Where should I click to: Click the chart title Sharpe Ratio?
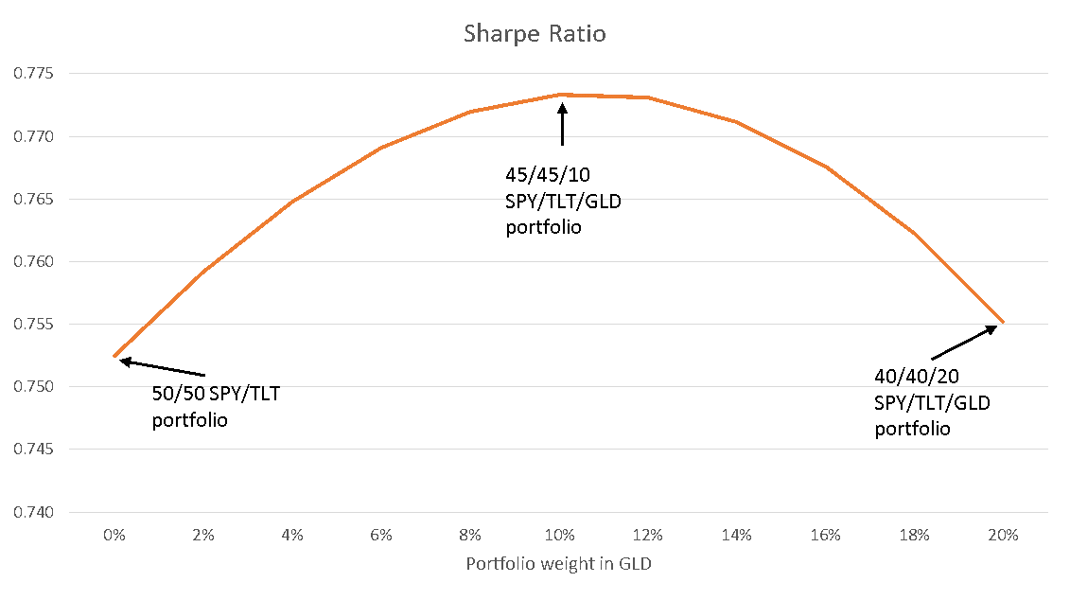coord(535,34)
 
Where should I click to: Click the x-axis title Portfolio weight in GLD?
coord(558,564)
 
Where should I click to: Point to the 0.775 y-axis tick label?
coord(34,74)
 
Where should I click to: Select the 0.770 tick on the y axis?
coord(34,136)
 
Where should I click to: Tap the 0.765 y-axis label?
coord(34,199)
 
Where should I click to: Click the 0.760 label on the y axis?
coord(34,261)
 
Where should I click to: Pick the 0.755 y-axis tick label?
coord(34,324)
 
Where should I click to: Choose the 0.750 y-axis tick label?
coord(34,386)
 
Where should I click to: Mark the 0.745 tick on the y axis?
coord(34,449)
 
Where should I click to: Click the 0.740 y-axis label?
coord(34,512)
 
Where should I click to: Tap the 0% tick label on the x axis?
coord(114,536)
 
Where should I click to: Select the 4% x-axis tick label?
coord(292,536)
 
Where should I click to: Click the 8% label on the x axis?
coord(470,536)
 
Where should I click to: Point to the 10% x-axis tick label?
coord(559,536)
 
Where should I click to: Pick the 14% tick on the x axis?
coord(737,536)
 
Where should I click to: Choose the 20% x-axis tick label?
coord(1003,536)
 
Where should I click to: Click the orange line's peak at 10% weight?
coord(560,95)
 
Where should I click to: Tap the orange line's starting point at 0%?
coord(114,356)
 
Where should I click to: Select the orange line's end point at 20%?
coord(1003,323)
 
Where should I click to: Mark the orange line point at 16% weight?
coord(826,167)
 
